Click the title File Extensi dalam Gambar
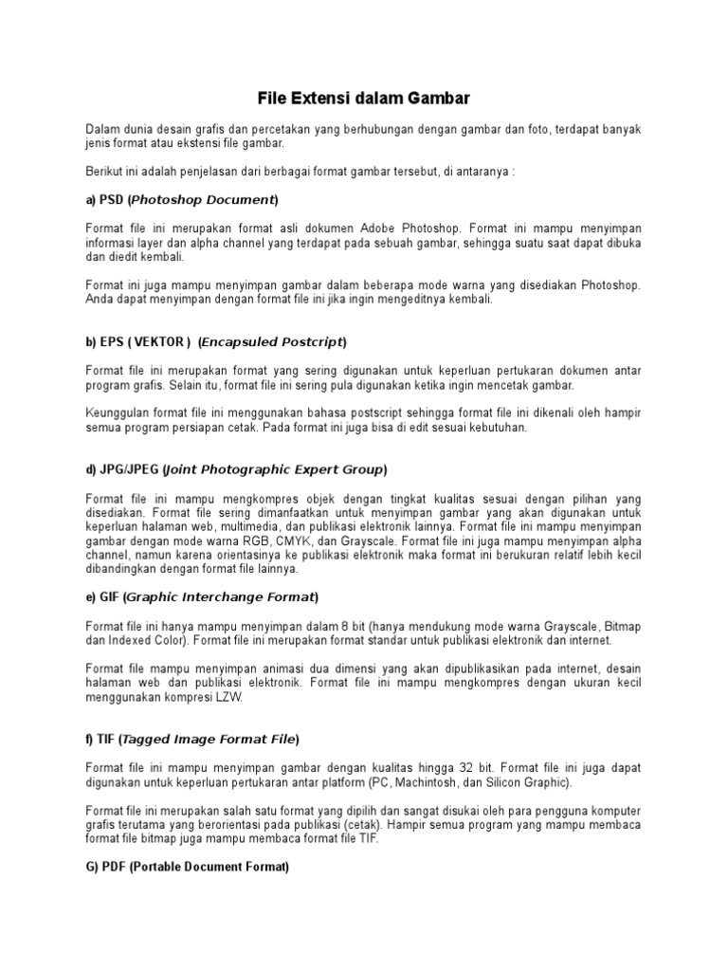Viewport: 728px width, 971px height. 364,98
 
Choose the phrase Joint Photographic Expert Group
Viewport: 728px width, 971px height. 275,469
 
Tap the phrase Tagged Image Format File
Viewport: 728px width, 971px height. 209,739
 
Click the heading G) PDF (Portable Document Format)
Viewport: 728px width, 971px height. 188,867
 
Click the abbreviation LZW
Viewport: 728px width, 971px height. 228,698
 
